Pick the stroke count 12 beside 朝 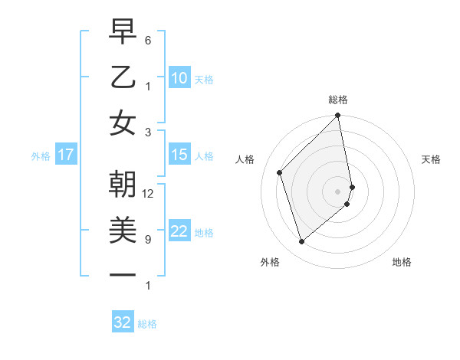click(148, 194)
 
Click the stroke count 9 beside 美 click(148, 240)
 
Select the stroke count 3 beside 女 click(148, 132)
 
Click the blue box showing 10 click(179, 77)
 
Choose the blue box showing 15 click(179, 155)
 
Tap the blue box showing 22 click(179, 232)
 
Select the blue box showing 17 click(65, 155)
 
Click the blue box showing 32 click(123, 322)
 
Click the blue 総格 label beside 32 click(147, 324)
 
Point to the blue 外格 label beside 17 click(41, 156)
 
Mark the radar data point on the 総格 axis click(337, 116)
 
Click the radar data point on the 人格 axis click(280, 172)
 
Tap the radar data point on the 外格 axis click(302, 242)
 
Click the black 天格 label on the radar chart click(432, 159)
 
